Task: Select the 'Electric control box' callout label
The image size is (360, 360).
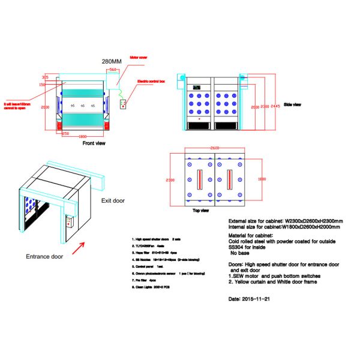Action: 151,80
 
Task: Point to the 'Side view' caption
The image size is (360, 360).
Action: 292,104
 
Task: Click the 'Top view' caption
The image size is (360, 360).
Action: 200,211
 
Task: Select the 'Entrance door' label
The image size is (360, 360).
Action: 44,256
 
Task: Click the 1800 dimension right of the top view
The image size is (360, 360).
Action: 261,179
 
